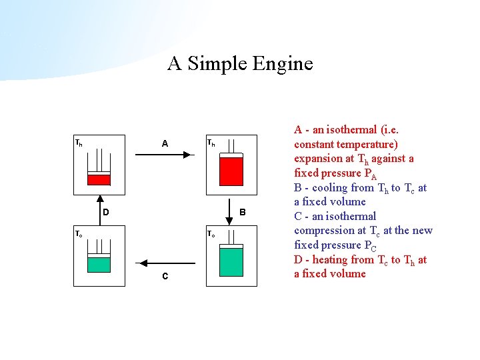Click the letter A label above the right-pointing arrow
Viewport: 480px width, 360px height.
tap(165, 143)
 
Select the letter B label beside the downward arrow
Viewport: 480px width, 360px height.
tap(243, 212)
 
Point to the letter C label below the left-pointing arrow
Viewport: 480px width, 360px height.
tap(165, 277)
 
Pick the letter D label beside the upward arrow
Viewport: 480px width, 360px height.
tap(105, 212)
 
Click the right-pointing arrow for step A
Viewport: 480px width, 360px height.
tap(164, 155)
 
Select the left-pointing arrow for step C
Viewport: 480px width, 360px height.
tap(164, 264)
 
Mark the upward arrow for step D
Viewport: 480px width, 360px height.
tap(99, 210)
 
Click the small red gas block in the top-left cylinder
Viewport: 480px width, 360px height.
tap(99, 179)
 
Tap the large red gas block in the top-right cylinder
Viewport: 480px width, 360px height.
tap(231, 171)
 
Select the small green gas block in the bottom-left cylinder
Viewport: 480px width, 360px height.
tap(99, 264)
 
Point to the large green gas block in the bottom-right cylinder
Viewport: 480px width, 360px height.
tap(231, 261)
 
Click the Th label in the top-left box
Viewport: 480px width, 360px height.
tap(79, 143)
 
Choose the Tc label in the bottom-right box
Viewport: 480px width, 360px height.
tap(211, 234)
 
